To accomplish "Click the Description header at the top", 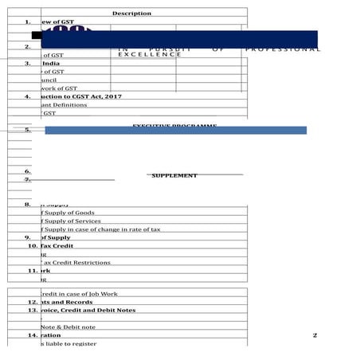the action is click(x=131, y=14).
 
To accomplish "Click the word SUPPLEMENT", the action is click(x=174, y=175).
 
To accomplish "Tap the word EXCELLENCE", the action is click(x=149, y=54).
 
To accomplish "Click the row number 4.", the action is click(x=27, y=96).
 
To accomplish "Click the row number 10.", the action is click(x=33, y=246).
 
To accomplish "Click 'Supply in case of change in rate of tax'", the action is click(x=100, y=229).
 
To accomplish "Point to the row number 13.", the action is click(x=33, y=310).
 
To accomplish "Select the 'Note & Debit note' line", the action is click(x=68, y=327).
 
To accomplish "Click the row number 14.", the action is click(x=33, y=335).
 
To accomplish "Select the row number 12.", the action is click(x=33, y=302).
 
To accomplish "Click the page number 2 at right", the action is click(x=315, y=335).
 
